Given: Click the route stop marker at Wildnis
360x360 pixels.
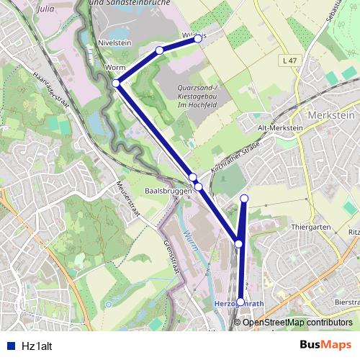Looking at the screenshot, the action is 197,40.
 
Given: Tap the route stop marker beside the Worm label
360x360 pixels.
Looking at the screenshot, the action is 117,84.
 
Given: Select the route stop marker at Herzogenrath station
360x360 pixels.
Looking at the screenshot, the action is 240,302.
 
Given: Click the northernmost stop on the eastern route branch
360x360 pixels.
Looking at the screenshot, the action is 244,198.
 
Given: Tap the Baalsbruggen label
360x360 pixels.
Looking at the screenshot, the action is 168,192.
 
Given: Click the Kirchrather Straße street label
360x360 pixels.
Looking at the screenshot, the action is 235,156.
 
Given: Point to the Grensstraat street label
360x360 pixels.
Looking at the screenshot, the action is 171,256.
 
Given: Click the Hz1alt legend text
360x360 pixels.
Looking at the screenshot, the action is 37,345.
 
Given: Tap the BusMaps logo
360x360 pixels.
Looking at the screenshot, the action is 325,344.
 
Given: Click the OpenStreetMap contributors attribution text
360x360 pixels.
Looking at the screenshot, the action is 297,323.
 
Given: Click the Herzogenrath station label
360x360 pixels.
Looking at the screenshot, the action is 232,305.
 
